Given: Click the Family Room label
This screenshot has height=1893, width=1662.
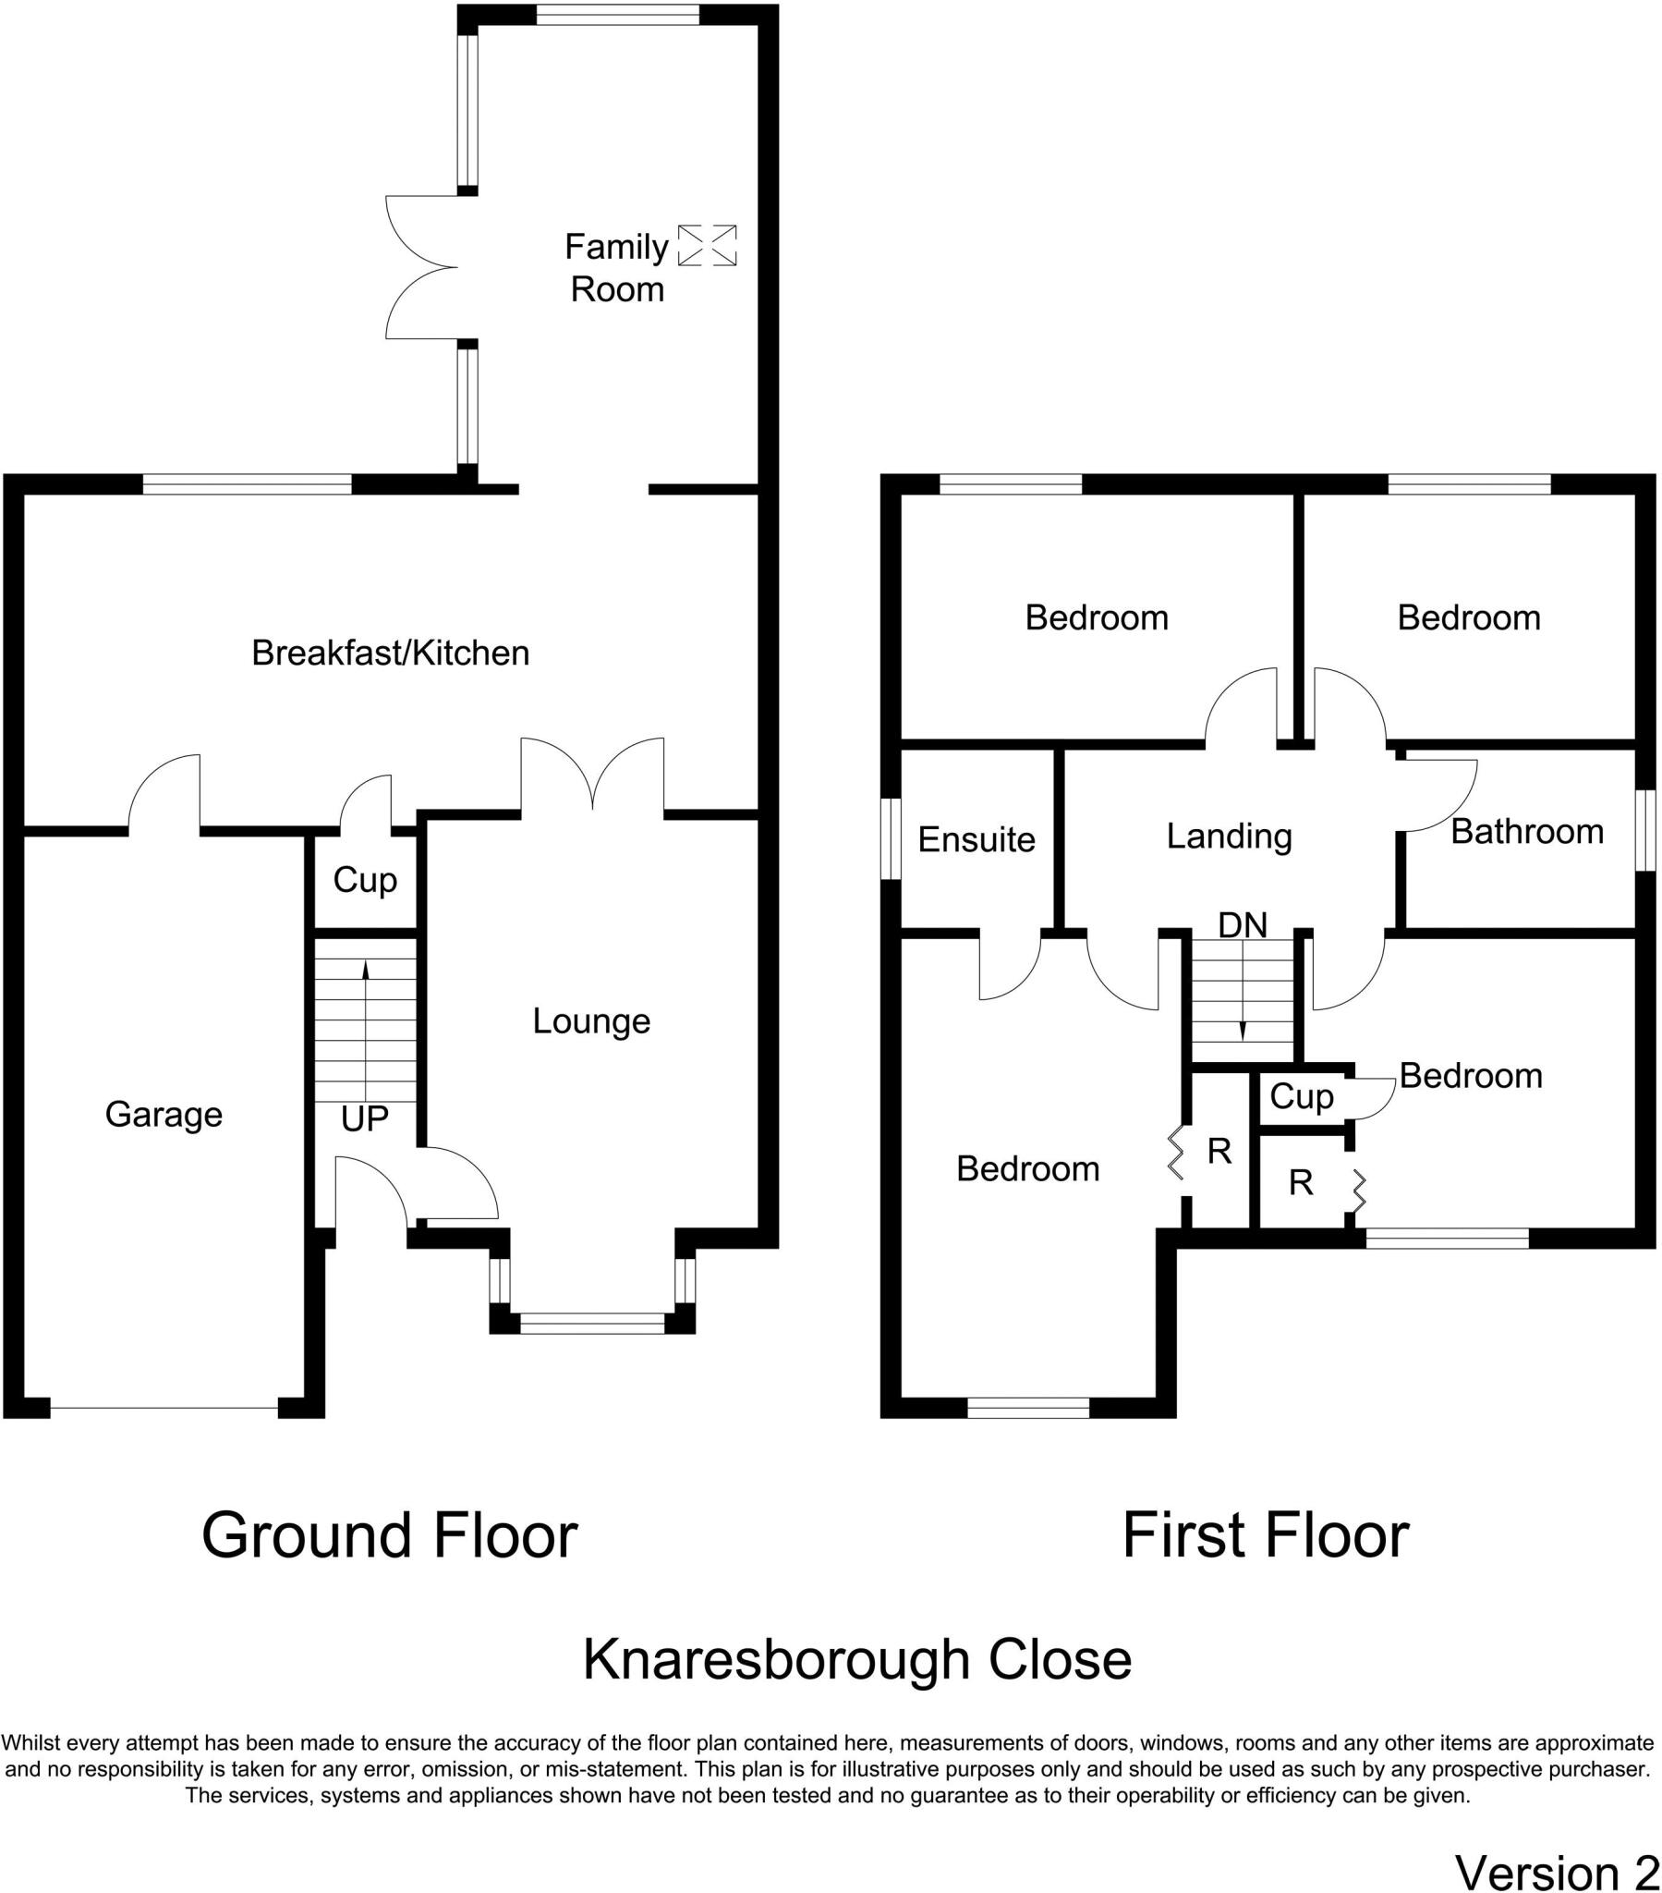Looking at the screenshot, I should coord(615,269).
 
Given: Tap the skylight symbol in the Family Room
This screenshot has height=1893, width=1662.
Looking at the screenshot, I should coord(707,246).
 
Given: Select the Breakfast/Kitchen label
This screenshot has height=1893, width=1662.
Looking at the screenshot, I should coord(390,653).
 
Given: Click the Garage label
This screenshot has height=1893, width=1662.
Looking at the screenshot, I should coord(164,1114).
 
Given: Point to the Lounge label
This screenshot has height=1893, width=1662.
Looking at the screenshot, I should coord(590,1021).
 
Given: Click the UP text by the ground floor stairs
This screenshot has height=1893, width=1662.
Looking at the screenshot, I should coord(364,1119).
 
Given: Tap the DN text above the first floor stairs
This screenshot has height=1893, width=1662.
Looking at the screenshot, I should coord(1242,924).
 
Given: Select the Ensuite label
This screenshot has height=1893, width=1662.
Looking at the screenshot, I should coord(976,839).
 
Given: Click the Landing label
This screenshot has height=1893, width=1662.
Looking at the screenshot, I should coord(1229,836).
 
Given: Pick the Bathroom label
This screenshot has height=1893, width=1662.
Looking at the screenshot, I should coord(1527,832).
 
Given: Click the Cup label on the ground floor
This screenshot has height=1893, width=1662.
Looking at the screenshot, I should coord(365,879).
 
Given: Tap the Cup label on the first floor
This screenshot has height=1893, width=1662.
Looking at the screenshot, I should coord(1301,1096).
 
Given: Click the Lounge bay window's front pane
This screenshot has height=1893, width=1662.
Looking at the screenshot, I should coord(592,1324).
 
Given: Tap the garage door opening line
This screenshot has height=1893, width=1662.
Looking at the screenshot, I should coord(164,1409).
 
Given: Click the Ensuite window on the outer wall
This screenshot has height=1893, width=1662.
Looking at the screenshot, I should coord(890,839).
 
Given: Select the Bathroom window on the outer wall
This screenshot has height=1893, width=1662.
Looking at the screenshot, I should coord(1644,830).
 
